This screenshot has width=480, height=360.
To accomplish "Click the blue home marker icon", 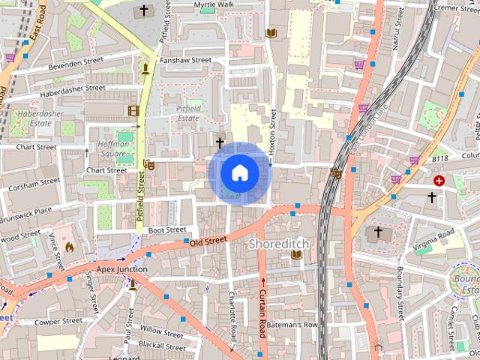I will (x=239, y=173).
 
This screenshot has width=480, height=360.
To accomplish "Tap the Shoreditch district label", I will (x=280, y=244).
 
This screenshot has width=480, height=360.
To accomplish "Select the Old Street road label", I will (x=208, y=241).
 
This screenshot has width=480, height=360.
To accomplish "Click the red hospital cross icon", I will (x=439, y=181).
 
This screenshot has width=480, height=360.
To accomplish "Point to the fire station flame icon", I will (x=70, y=245).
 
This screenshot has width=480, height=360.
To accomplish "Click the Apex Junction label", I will (x=121, y=268).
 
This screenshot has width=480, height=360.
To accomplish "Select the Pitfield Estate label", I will (x=183, y=113).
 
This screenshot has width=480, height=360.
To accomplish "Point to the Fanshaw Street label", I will (x=186, y=60).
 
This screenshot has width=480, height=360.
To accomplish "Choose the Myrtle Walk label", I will (x=214, y=4).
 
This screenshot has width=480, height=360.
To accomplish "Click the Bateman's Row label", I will (x=292, y=325).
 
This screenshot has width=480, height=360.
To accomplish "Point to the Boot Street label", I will (x=166, y=229).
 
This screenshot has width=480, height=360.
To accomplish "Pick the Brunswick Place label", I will (x=26, y=211).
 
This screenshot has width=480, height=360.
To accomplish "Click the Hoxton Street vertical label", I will (x=273, y=133).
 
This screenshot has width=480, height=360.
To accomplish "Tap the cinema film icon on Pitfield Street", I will (x=133, y=111).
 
